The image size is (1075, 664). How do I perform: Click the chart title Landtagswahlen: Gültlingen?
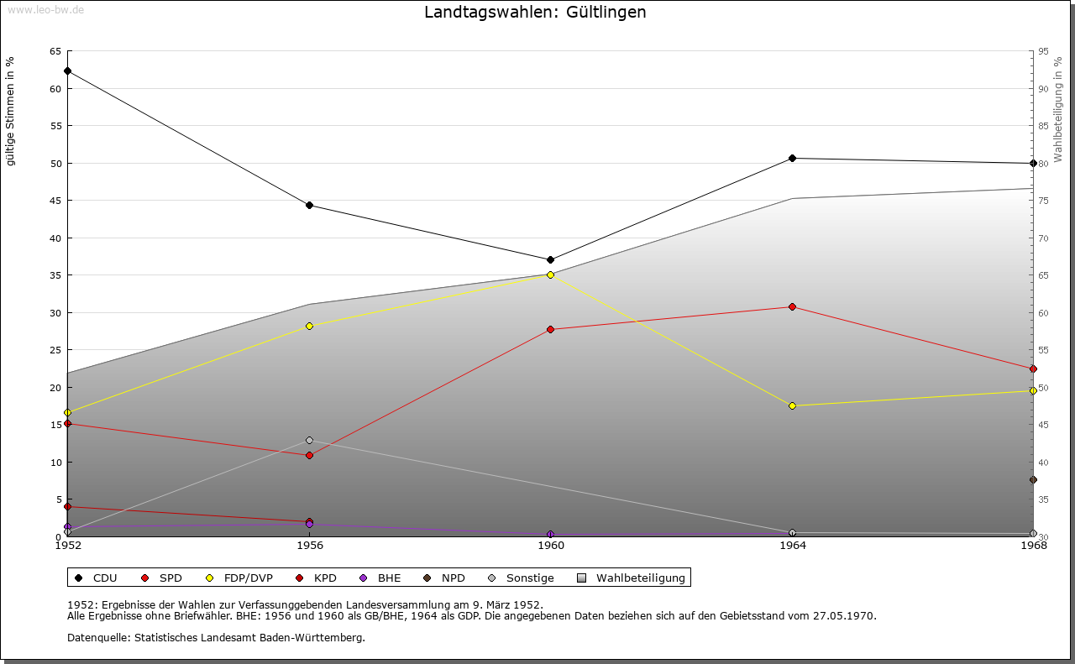pos(535,13)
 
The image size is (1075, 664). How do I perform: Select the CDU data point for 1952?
pos(67,71)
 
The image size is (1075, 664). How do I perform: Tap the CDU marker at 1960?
pos(551,260)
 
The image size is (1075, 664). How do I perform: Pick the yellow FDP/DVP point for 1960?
pos(551,274)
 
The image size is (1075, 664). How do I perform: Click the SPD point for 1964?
pos(792,307)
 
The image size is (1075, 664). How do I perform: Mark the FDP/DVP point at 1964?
pos(792,406)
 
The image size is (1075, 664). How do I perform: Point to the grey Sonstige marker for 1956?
pos(309,441)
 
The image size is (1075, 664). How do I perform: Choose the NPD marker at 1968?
pos(1033,480)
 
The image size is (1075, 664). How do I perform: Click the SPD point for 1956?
pos(309,456)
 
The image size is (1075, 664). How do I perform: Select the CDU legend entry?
pos(97,578)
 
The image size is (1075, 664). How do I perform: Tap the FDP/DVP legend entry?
pos(239,578)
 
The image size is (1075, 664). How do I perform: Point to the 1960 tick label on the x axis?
pos(551,546)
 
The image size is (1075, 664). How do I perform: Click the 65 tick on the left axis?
pos(55,51)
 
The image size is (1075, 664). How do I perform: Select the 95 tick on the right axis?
pos(1043,51)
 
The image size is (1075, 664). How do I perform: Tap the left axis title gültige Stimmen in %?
pos(11,112)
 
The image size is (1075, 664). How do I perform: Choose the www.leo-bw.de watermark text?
pos(45,8)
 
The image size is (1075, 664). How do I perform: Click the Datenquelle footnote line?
pos(216,638)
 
